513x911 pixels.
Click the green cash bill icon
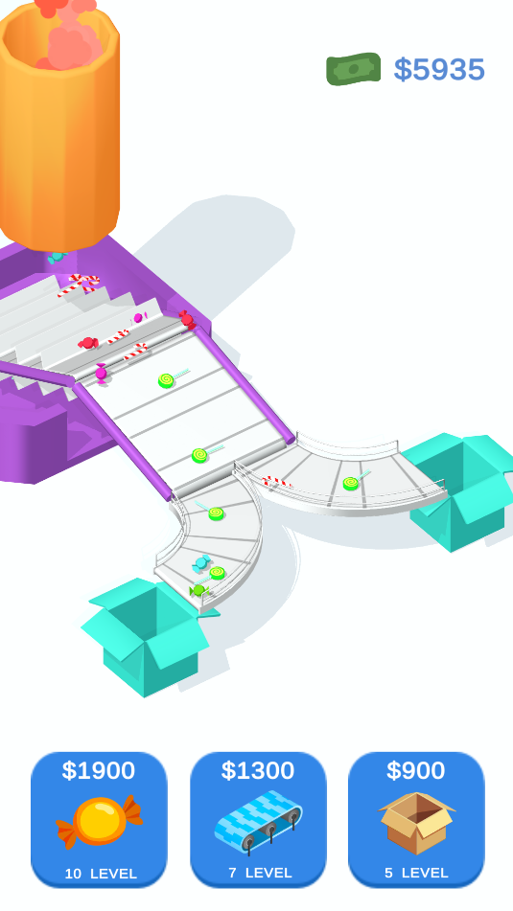[x=353, y=69]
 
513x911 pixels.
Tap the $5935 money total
[x=439, y=70]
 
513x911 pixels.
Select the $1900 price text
[x=99, y=770]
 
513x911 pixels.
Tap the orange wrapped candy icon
[x=100, y=822]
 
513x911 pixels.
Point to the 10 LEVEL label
[x=101, y=874]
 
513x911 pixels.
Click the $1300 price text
[x=258, y=770]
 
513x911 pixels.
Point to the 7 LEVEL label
[x=260, y=873]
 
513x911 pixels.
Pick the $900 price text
[x=416, y=770]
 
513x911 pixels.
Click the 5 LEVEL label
[x=416, y=873]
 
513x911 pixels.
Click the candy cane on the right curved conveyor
[x=276, y=482]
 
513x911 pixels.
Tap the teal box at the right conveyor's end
[x=459, y=491]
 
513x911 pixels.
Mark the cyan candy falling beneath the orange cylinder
[x=57, y=256]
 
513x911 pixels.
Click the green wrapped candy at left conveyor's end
[x=198, y=590]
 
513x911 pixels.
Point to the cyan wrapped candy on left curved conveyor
[x=201, y=562]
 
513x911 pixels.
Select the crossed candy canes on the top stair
[x=79, y=285]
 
